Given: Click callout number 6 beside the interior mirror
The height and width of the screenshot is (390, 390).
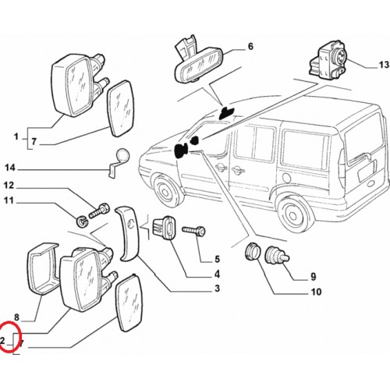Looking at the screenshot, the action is [x=250, y=47].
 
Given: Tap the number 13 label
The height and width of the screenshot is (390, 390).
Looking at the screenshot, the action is [x=384, y=65].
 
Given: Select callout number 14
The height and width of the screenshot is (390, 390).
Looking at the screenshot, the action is [x=10, y=168].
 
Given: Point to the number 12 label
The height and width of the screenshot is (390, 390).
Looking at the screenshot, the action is [x=9, y=186].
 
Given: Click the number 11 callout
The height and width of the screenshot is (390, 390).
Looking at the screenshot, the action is [x=9, y=200].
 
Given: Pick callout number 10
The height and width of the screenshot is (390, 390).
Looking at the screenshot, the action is [x=316, y=292].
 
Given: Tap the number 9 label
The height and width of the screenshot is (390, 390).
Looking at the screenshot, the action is [x=314, y=277].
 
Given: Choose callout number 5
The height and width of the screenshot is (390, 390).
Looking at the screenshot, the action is [x=217, y=259].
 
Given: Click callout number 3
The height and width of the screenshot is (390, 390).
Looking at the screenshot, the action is [x=217, y=288].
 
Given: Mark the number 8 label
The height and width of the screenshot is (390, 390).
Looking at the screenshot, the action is [x=16, y=317].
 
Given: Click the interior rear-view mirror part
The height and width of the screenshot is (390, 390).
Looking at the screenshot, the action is [x=198, y=63].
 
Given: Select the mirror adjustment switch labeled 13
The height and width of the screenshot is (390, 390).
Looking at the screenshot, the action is [x=328, y=60].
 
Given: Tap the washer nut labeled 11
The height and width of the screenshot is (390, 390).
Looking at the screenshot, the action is [x=82, y=222].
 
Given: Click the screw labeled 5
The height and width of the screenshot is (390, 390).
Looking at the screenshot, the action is [x=194, y=231].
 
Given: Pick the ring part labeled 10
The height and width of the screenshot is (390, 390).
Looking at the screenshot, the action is [x=252, y=251].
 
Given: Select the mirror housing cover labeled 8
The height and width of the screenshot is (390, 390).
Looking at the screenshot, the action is [x=42, y=268].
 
